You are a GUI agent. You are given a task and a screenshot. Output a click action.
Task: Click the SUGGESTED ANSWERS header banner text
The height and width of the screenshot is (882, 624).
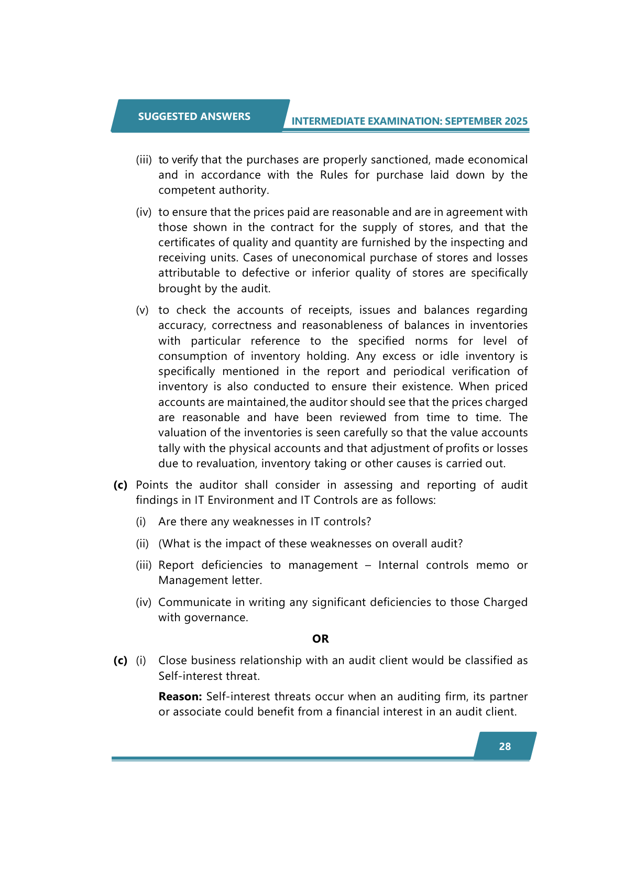point(194,116)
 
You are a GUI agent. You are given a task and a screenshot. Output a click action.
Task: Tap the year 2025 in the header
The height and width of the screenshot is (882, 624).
point(516,121)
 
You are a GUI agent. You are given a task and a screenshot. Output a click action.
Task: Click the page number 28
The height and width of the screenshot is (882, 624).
point(505,746)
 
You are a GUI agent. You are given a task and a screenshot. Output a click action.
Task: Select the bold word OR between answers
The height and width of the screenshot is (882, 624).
point(320,638)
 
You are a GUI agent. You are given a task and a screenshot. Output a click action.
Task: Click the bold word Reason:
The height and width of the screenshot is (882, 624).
point(180,697)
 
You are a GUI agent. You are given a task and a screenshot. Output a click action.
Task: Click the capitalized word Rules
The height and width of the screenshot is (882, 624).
point(334,175)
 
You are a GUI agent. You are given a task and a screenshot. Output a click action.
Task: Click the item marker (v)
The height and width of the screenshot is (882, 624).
point(142,310)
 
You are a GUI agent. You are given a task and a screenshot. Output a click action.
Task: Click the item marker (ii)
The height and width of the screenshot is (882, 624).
point(142,544)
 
